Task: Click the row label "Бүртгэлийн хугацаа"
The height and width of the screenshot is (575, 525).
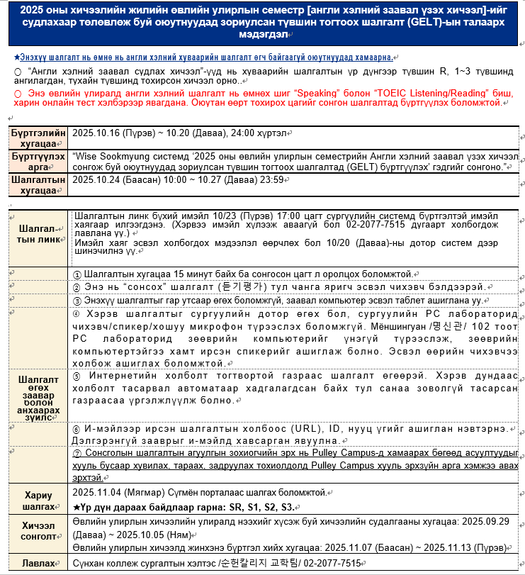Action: pos(38,138)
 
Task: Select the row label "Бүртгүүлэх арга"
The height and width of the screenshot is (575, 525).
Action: pos(38,161)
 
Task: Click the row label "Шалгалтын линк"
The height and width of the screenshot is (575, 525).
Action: pos(39,233)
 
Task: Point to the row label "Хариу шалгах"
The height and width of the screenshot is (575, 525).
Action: pos(38,500)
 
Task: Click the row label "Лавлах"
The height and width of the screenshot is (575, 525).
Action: pos(38,563)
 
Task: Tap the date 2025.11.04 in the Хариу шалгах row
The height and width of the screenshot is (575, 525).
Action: pos(96,493)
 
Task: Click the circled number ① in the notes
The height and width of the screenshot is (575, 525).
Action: pos(77,274)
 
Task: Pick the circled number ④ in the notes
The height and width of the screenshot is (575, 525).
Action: pos(77,312)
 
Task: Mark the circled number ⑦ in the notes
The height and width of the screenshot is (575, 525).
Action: pos(77,453)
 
